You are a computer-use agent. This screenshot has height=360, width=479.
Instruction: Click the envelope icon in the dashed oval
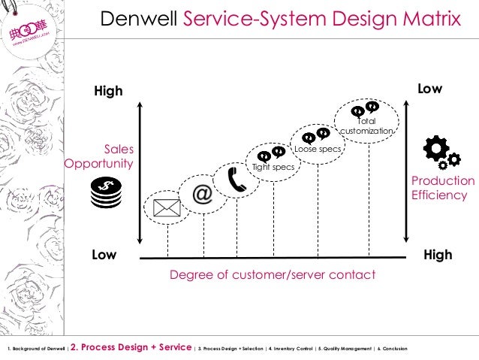(167, 207)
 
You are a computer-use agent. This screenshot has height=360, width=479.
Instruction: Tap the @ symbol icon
(203, 194)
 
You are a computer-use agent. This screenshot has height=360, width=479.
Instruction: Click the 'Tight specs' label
(273, 167)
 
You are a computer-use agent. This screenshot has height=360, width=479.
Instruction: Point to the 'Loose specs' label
(317, 150)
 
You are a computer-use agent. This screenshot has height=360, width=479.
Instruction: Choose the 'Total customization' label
(366, 126)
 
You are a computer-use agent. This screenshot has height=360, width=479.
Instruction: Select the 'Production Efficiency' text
(443, 188)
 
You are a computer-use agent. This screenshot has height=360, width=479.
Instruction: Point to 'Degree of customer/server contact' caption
(273, 275)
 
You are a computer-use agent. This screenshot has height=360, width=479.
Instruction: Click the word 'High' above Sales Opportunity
(107, 92)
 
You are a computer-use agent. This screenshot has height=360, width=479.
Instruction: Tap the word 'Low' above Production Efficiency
(429, 89)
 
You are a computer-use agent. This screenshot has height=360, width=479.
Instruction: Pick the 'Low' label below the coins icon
(104, 255)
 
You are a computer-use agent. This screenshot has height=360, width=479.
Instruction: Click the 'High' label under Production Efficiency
(438, 255)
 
